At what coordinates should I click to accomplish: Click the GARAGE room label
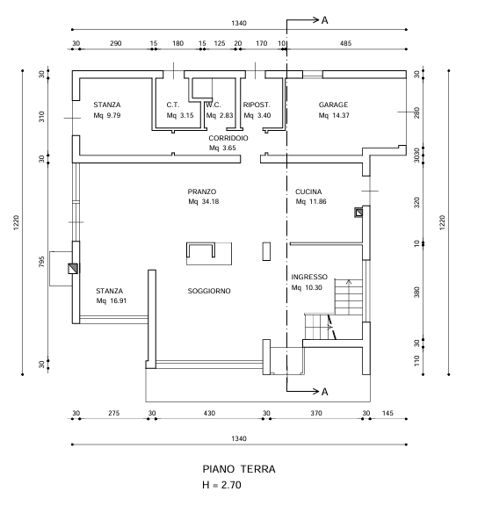pos(333,105)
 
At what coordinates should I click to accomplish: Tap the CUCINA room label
pos(308,192)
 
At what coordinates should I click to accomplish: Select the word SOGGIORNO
pos(209,291)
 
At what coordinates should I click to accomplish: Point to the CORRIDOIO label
pos(228,138)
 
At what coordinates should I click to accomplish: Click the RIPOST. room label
pos(257,105)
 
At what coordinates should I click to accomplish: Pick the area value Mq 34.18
pos(204,202)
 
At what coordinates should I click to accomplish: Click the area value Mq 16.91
pos(112,300)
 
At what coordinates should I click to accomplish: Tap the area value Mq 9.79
pos(107,115)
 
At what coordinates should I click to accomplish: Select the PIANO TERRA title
pos(239,469)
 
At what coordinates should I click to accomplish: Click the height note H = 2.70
pos(221,485)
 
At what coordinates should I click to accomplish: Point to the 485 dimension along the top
pos(345,43)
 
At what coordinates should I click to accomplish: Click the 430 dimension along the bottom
pos(209,413)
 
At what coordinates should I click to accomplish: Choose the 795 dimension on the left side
pos(41,262)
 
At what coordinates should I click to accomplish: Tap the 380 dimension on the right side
pos(417,292)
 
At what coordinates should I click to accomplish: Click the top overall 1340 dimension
pos(239,23)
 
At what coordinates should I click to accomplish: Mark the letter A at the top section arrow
pos(324,20)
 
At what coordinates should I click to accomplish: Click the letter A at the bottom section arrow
pos(324,392)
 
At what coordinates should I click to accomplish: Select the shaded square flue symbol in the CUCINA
pos(358,213)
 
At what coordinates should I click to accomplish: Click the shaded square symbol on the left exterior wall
pos(73,269)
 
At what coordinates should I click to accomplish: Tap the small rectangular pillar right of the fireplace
pos(266,251)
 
